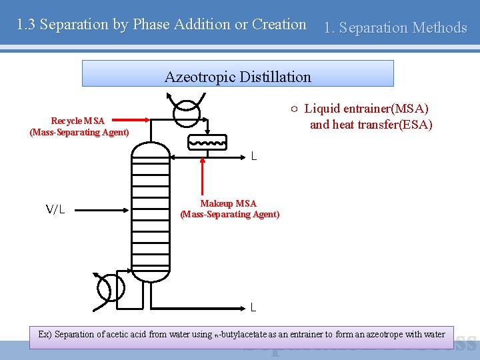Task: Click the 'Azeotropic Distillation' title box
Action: pyautogui.click(x=237, y=74)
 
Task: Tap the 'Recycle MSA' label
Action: pyautogui.click(x=78, y=121)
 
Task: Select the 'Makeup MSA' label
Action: pyautogui.click(x=229, y=203)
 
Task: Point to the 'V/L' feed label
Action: pyautogui.click(x=55, y=209)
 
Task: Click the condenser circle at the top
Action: pyautogui.click(x=186, y=113)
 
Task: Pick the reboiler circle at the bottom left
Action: pyautogui.click(x=111, y=288)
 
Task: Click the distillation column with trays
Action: pyautogui.click(x=150, y=213)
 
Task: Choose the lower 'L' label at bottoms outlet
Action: pyautogui.click(x=253, y=307)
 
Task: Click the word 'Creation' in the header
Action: pyautogui.click(x=280, y=25)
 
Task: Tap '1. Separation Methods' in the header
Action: pyautogui.click(x=395, y=28)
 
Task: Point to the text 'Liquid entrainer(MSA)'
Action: pyautogui.click(x=366, y=108)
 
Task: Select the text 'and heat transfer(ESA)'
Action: pyautogui.click(x=371, y=124)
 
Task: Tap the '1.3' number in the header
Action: pyautogui.click(x=26, y=25)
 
